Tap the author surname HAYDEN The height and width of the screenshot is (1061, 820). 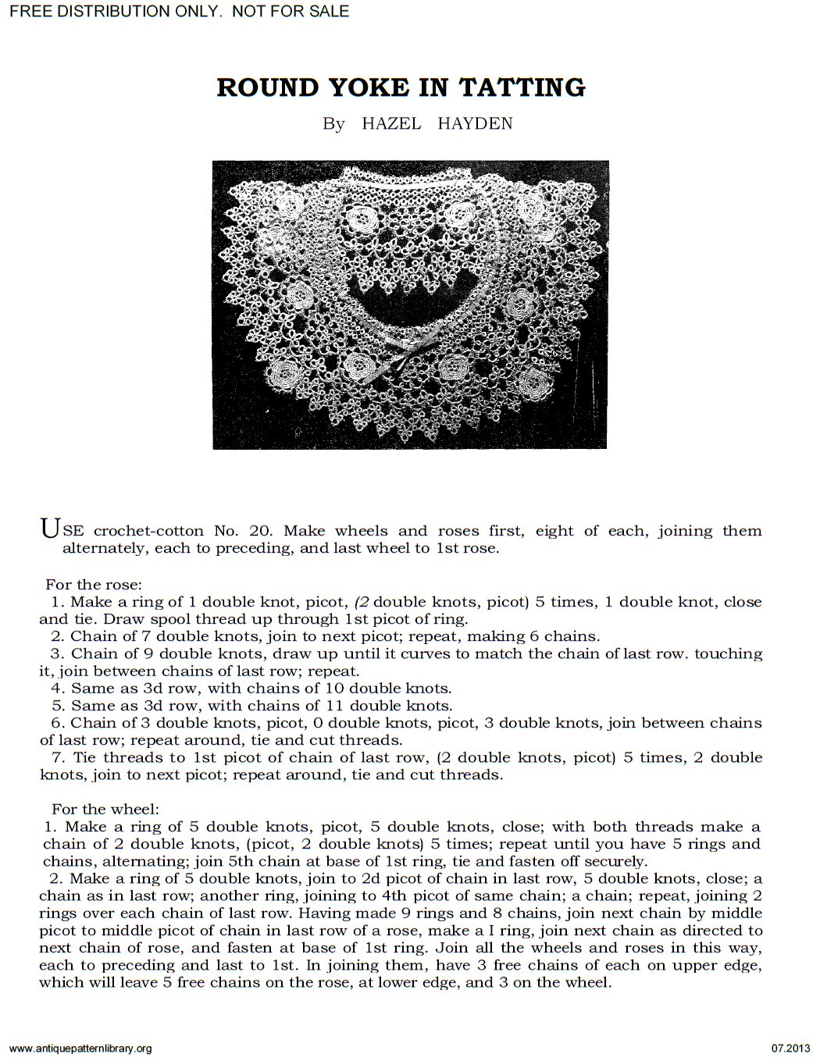[x=475, y=124]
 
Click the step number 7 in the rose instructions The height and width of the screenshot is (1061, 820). [x=56, y=757]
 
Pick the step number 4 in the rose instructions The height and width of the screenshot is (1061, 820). [x=56, y=689]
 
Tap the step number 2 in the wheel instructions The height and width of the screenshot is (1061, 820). [x=50, y=878]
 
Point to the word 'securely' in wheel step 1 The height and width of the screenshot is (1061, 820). [x=617, y=861]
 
